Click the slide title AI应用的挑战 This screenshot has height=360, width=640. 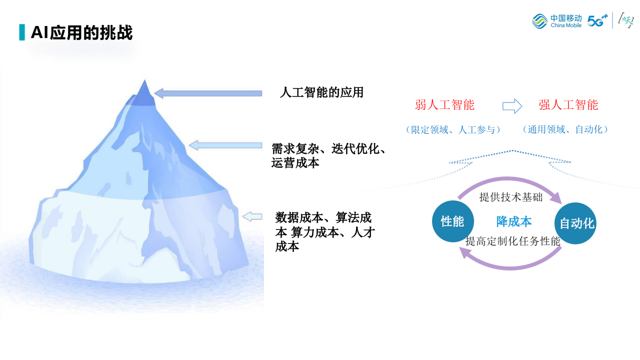point(81,32)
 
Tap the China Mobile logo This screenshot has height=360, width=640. point(557,21)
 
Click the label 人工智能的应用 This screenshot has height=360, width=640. point(321,92)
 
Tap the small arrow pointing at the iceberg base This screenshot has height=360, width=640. point(252,216)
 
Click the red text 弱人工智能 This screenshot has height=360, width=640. point(444,105)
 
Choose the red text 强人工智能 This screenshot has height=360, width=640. point(568,105)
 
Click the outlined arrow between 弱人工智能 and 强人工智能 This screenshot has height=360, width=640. point(512,106)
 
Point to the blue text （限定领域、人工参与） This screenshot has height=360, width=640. point(453,129)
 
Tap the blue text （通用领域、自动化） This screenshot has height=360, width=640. point(566,129)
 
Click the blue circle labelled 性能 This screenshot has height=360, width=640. point(452,221)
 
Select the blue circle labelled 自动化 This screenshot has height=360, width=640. point(575,223)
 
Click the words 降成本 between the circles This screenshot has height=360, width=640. point(513,221)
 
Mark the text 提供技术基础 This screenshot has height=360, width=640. point(510,197)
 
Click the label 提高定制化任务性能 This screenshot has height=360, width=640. point(513,241)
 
